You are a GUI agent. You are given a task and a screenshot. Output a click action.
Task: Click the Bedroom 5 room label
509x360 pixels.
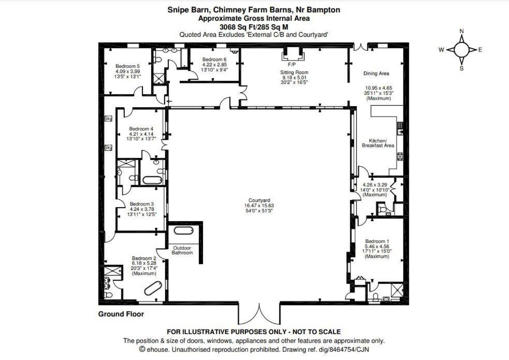coord(127,66)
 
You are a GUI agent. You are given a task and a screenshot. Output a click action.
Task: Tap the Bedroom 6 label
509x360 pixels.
coord(214,60)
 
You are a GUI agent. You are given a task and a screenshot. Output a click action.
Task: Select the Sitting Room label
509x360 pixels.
coord(294,73)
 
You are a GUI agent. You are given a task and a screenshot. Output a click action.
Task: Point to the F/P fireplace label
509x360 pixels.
coord(292,65)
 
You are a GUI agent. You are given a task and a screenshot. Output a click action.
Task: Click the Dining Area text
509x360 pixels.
coord(376,74)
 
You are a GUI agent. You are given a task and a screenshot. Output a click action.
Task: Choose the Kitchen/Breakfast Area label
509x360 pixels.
coord(378,143)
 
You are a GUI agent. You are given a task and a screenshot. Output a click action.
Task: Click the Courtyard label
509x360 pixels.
coord(259,200)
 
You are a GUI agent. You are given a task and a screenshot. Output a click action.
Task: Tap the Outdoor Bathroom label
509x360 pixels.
coord(182,250)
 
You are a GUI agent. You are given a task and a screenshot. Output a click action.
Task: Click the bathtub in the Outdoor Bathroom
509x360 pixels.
coord(183,231)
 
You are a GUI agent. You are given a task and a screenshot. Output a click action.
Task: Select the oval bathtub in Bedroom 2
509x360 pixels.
coord(153,289)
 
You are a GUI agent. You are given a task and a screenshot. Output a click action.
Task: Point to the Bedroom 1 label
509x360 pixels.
coord(377,241)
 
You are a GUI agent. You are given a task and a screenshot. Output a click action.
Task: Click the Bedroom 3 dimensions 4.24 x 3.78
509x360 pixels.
coord(142,209)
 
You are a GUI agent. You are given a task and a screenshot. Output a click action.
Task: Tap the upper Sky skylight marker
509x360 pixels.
coord(108,119)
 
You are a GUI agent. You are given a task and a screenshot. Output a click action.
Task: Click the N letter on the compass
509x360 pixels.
coord(461,31)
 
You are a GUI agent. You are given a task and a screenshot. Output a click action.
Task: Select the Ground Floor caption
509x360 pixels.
coord(121,314)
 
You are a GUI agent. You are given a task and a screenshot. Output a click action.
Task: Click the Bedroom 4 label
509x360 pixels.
coord(141,129)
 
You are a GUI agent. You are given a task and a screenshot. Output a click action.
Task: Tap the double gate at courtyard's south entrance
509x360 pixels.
coord(259,314)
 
